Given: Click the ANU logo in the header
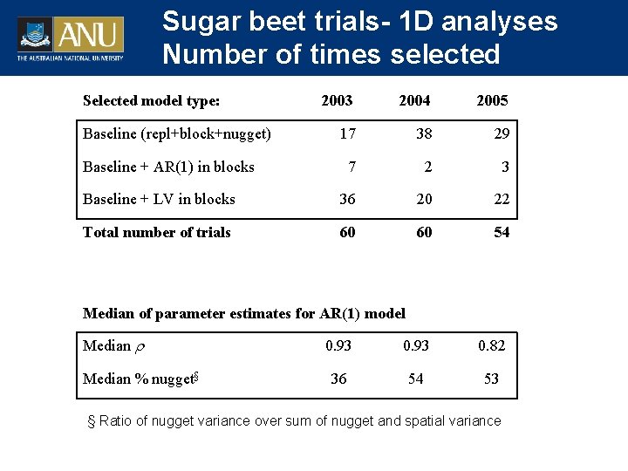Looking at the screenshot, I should pos(71,38).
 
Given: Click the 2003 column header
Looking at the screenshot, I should pos(337,100).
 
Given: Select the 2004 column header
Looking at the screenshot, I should pos(414,100).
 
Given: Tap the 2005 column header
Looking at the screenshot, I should pos(492,100).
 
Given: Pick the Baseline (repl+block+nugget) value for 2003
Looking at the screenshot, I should pos(347,133).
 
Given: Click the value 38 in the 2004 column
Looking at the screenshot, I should pos(424,133).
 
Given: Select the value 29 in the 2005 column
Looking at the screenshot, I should pos(502,133).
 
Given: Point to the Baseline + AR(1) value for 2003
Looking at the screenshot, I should pos(352,167).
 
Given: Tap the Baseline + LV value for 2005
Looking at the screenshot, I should pos(502,199).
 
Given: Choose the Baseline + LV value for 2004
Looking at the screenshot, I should pos(424,199).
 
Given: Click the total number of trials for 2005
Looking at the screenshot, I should pos(502,232).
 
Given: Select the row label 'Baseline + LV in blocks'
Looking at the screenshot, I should pos(159,199).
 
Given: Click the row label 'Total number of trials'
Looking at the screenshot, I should pos(157,232).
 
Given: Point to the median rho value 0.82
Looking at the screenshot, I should pos(492,345).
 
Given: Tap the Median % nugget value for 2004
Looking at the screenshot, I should pos(416,379).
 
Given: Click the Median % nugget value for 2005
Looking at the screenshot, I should pos(492,379).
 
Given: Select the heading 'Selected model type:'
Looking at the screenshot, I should pos(151,100).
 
